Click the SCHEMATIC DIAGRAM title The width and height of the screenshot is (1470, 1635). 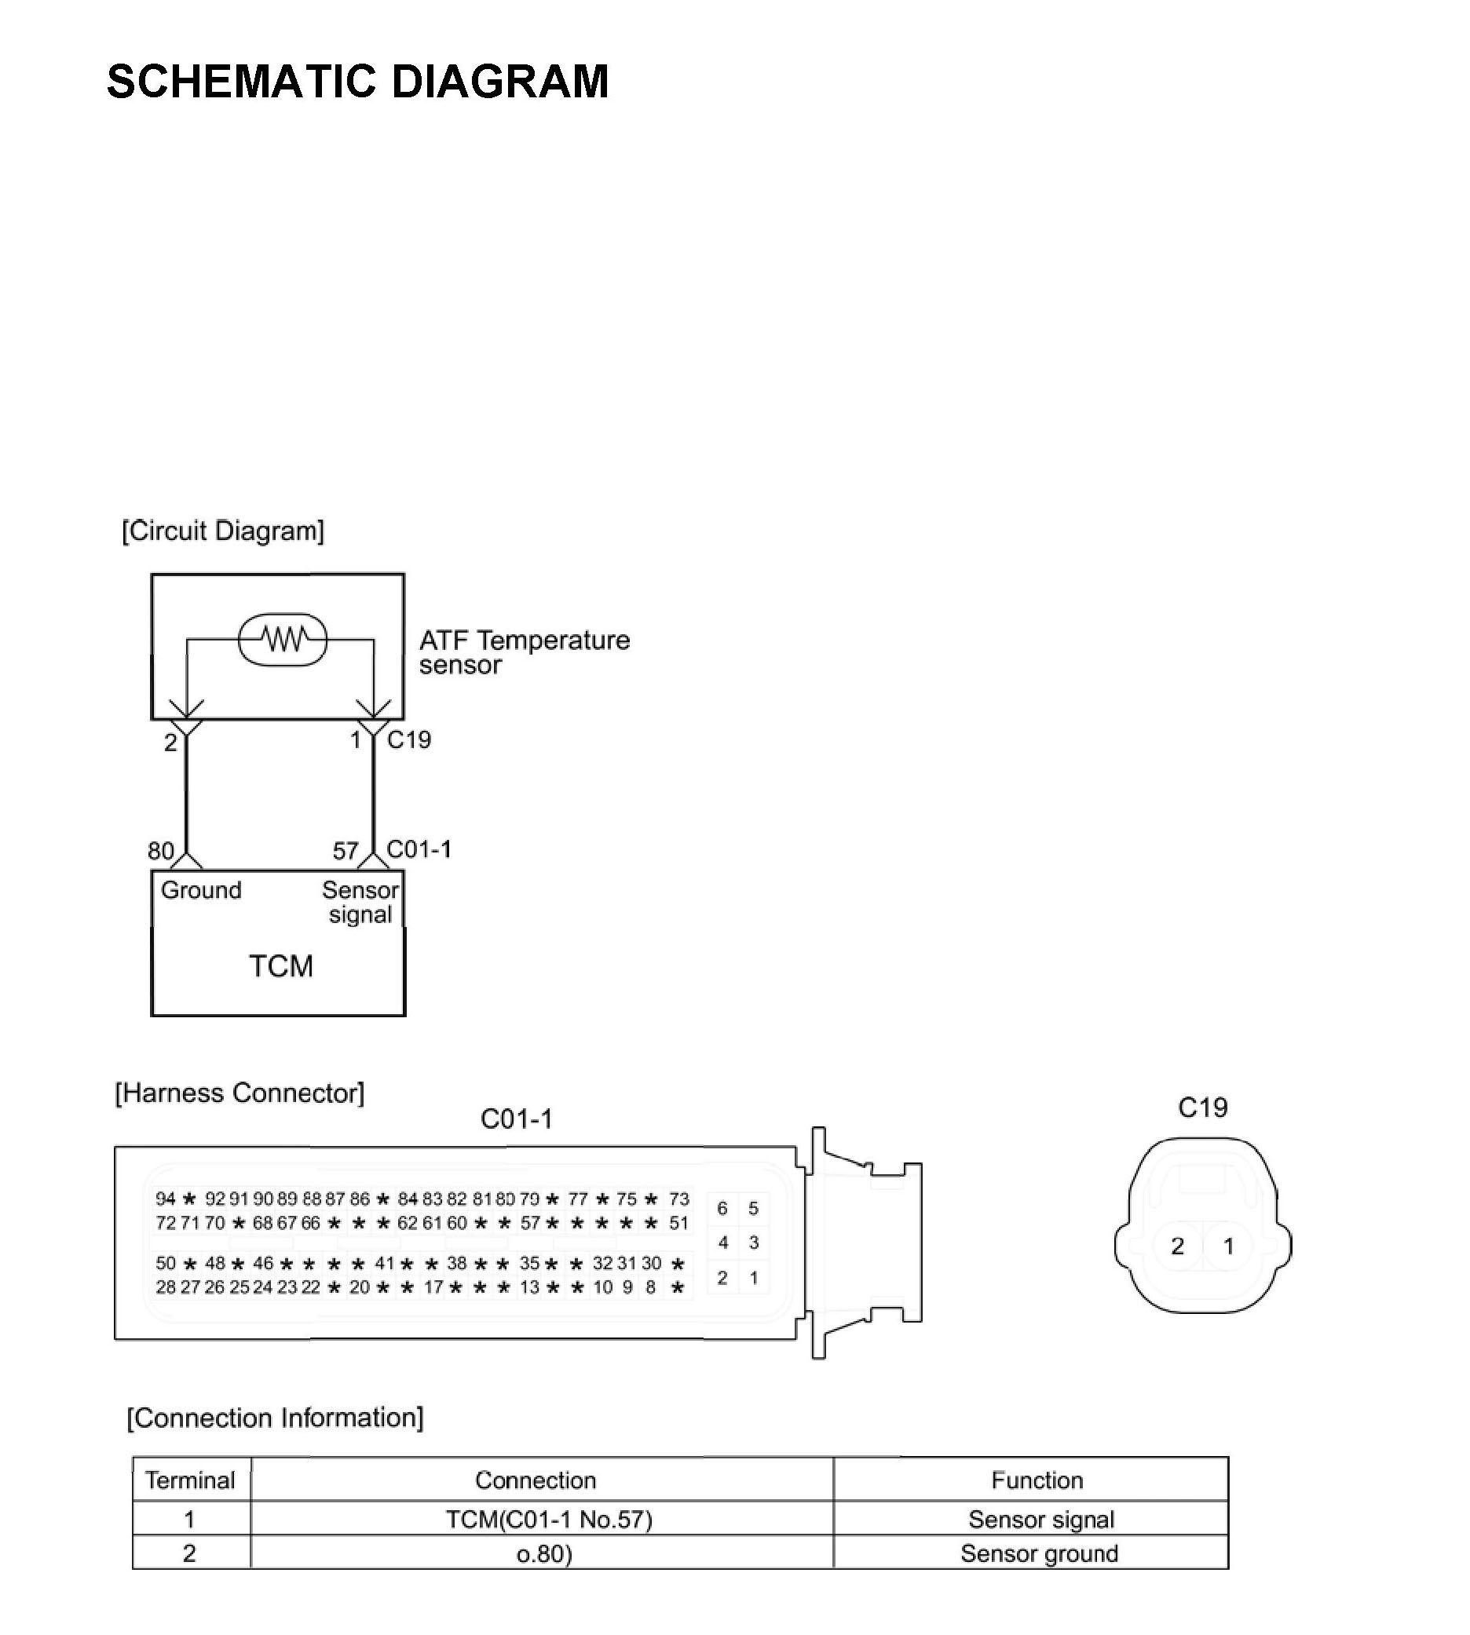click(357, 82)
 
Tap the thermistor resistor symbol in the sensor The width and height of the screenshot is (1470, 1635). click(283, 640)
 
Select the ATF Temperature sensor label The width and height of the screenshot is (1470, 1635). click(524, 652)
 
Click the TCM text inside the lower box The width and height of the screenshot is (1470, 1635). click(280, 966)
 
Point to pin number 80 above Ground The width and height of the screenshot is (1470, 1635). click(161, 851)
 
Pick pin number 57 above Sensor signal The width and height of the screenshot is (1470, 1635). click(346, 851)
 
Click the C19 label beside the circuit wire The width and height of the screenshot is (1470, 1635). click(408, 739)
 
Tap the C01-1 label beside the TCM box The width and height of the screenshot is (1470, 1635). click(419, 849)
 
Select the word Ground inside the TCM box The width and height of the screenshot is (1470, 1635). click(201, 891)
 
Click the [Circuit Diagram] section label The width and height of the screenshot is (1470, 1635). click(223, 531)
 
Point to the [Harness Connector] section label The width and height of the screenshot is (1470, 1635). click(239, 1093)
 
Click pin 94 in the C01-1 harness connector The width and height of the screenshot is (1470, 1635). click(166, 1199)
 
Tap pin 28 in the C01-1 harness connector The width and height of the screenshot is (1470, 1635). click(166, 1287)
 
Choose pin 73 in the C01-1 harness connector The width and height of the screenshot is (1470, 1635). click(678, 1199)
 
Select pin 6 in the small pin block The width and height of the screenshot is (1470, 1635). click(722, 1208)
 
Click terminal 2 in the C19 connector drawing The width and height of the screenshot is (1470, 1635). click(1178, 1246)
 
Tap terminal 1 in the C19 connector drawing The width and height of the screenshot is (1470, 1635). click(1228, 1246)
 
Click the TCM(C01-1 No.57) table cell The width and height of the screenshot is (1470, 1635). click(549, 1520)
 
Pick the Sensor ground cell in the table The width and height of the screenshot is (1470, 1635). click(1039, 1553)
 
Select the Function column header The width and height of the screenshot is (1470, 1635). click(1037, 1480)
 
